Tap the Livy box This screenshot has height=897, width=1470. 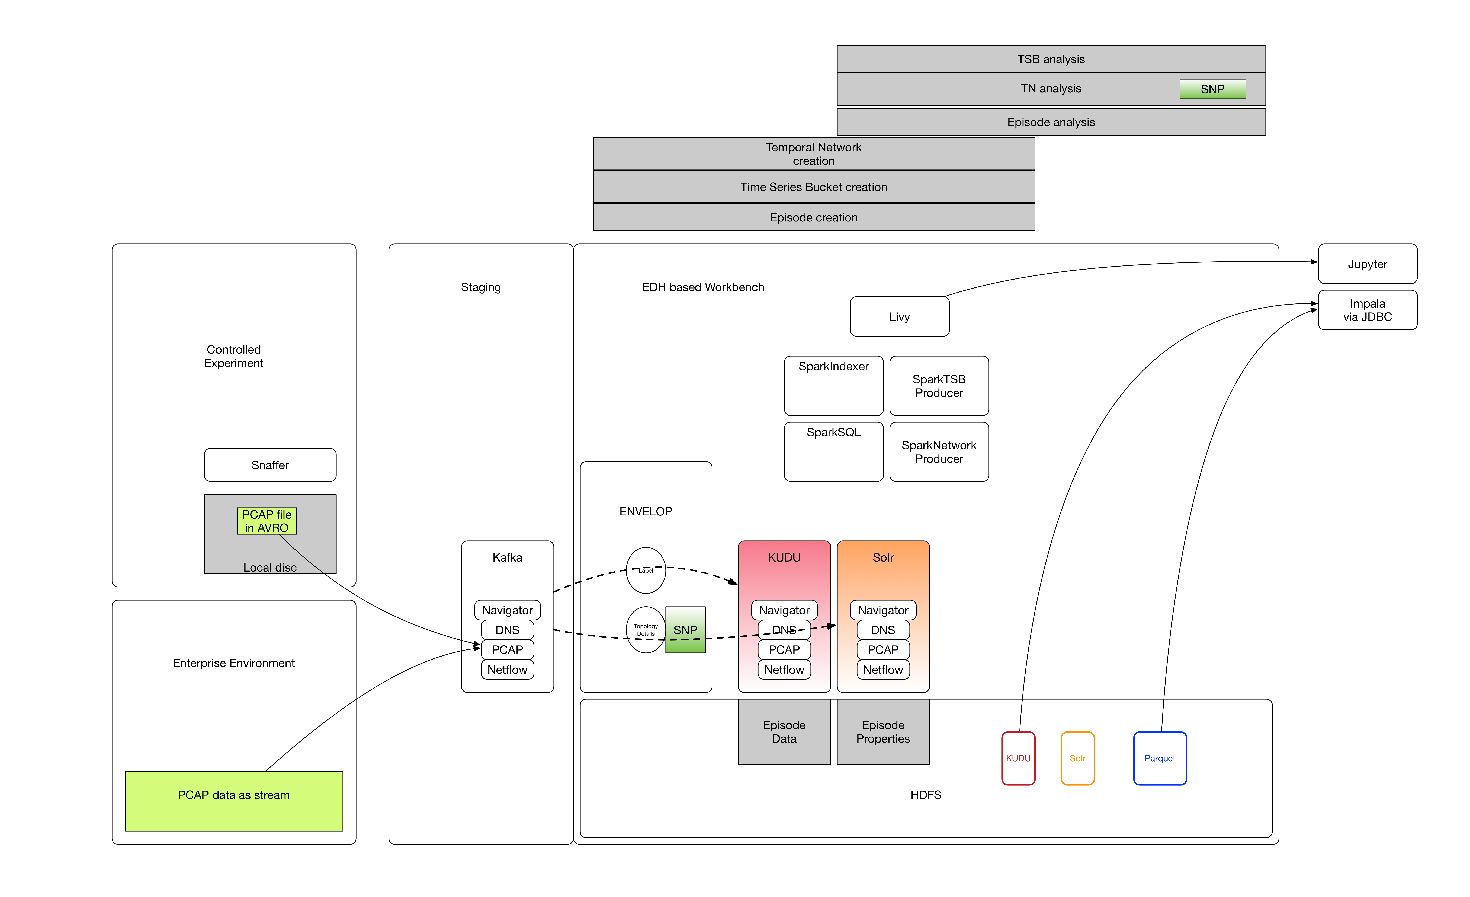point(899,316)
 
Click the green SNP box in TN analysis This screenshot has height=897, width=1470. point(1212,89)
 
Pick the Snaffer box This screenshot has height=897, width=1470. point(270,465)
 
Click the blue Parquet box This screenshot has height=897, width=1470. point(1159,758)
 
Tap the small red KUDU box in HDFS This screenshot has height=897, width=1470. point(1018,758)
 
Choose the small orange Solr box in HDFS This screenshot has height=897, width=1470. point(1077,758)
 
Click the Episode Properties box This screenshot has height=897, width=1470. point(883,732)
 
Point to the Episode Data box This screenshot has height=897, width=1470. point(784,732)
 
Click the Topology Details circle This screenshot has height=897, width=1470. point(645,630)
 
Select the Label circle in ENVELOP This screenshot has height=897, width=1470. point(645,570)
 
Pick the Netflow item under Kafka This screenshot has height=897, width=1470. point(507,670)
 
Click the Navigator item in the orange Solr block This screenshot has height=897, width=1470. point(883,610)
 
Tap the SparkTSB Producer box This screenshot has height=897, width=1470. point(938,386)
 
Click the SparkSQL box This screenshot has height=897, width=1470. point(833,451)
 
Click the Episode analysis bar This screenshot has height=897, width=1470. point(1051,122)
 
